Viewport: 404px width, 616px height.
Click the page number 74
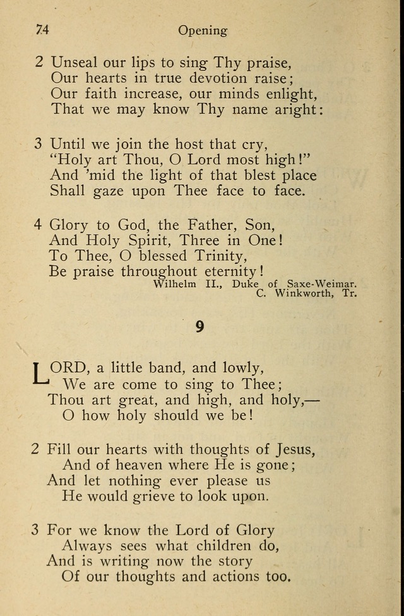[x=43, y=30]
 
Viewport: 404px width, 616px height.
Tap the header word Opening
[x=202, y=30]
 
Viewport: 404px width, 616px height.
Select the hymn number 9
[x=199, y=327]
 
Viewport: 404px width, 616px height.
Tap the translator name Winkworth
[x=307, y=293]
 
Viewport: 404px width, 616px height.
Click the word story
[x=234, y=560]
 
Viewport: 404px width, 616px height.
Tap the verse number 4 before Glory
[x=37, y=224]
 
